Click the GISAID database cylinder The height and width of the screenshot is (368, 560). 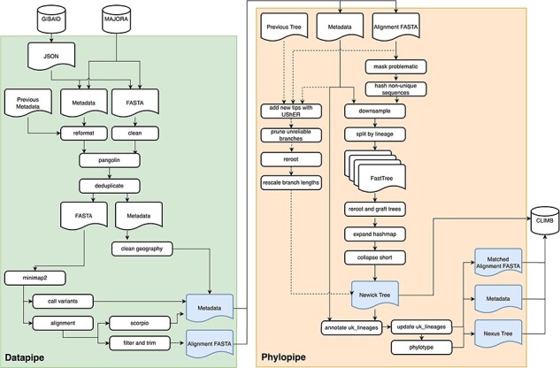[51, 19]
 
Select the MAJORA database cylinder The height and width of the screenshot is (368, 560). [116, 19]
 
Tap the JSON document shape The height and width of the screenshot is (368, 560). [51, 56]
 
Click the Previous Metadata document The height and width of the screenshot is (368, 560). [28, 103]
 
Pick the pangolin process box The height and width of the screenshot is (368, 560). [110, 160]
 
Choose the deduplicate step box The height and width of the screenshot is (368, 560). [110, 186]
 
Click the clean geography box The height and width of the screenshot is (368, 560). [142, 249]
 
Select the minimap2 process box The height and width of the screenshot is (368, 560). [35, 278]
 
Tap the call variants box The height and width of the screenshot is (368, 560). [63, 301]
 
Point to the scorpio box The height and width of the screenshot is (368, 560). [140, 323]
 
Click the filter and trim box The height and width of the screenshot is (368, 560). [140, 343]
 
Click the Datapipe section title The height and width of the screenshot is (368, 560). [24, 357]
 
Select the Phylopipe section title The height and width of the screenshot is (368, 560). [284, 356]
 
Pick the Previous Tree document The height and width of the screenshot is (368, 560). [284, 27]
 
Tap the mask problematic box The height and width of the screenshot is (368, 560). [395, 66]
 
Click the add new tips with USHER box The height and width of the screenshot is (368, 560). [291, 111]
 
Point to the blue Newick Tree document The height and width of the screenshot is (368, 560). [374, 295]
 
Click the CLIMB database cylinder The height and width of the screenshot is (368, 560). [545, 221]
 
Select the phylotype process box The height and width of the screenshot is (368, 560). [421, 348]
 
